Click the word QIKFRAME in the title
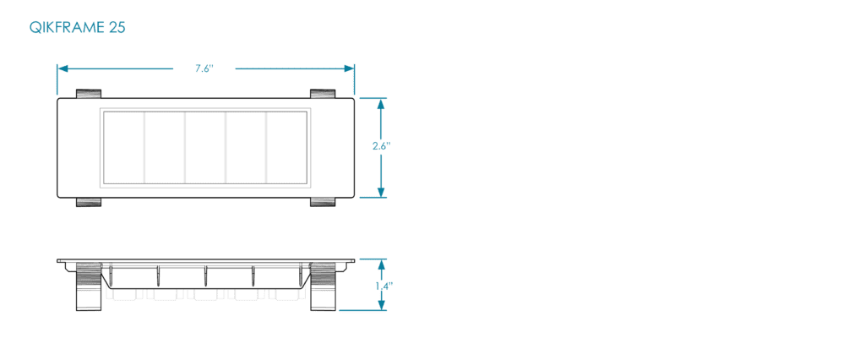pos(67,28)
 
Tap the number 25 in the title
pos(117,28)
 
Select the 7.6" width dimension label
pos(204,68)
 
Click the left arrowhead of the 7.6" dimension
pos(62,68)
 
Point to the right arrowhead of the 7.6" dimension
pos(349,68)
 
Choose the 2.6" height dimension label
pos(381,145)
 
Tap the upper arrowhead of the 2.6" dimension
pos(381,103)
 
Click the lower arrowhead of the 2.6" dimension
pos(381,192)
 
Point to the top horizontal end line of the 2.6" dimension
pos(373,98)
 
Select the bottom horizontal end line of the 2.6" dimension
pos(373,198)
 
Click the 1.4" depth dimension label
pos(383,286)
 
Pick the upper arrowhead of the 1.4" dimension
pos(381,264)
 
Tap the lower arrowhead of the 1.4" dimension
pos(381,306)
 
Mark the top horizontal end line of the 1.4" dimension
pos(373,259)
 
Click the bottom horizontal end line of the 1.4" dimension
pos(363,311)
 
